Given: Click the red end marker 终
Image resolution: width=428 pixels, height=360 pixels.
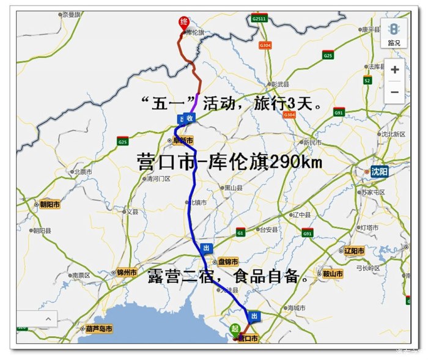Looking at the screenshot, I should (x=183, y=23).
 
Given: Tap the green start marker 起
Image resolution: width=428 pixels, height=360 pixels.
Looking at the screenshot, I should (x=235, y=329).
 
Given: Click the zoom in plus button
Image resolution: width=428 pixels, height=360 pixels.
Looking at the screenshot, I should (x=394, y=70).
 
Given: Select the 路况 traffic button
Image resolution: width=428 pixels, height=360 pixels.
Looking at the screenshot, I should (x=394, y=34).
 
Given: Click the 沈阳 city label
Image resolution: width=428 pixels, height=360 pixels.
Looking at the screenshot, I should (x=379, y=172).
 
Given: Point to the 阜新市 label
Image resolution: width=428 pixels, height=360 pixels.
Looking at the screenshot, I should (x=183, y=141).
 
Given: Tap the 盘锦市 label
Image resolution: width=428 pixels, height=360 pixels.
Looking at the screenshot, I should (x=227, y=262).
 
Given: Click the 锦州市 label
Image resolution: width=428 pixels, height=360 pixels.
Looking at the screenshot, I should (x=127, y=273).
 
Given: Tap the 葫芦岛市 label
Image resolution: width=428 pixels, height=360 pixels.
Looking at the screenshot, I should (x=99, y=329).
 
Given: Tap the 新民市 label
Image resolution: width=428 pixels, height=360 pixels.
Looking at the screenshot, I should (x=312, y=142).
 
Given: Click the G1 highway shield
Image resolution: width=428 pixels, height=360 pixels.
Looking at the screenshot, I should (x=240, y=233).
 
